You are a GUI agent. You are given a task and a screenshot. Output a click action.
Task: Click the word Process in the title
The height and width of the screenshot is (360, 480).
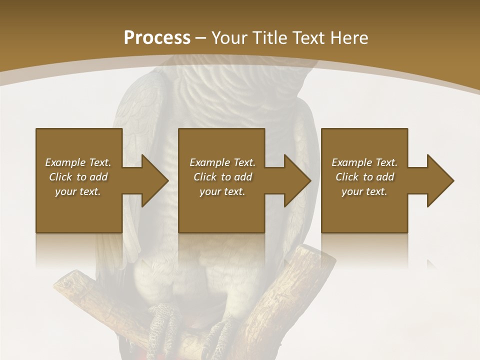tap(157, 38)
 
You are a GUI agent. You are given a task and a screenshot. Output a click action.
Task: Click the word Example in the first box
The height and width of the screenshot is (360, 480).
tap(65, 162)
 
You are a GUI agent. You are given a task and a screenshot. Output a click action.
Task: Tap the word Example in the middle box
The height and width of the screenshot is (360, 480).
tap(209, 162)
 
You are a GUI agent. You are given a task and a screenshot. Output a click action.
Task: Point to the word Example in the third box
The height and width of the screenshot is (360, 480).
tap(351, 162)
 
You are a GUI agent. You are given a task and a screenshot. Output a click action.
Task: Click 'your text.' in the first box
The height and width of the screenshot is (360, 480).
tap(78, 191)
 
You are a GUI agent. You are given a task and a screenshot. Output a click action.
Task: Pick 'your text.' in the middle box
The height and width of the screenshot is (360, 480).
tap(222, 191)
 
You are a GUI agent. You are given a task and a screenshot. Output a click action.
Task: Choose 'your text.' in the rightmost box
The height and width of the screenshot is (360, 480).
tap(364, 191)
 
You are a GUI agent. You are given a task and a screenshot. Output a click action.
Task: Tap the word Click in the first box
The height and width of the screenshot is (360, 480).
tap(60, 177)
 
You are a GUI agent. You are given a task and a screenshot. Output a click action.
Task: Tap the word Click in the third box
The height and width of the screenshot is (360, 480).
tap(347, 177)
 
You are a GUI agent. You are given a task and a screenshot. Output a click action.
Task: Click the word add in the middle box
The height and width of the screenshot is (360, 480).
tap(243, 177)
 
